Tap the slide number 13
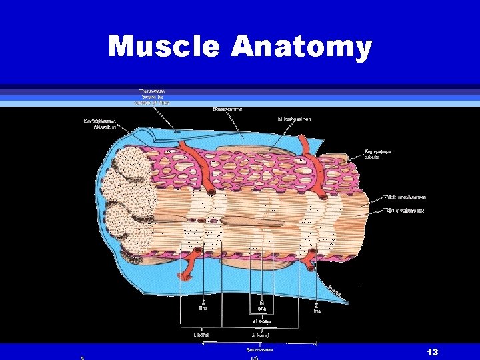point(433,351)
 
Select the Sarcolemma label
point(227,109)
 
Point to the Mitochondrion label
point(294,119)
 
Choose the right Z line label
point(317,307)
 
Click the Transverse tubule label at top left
point(154,97)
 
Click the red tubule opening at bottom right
point(311,267)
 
